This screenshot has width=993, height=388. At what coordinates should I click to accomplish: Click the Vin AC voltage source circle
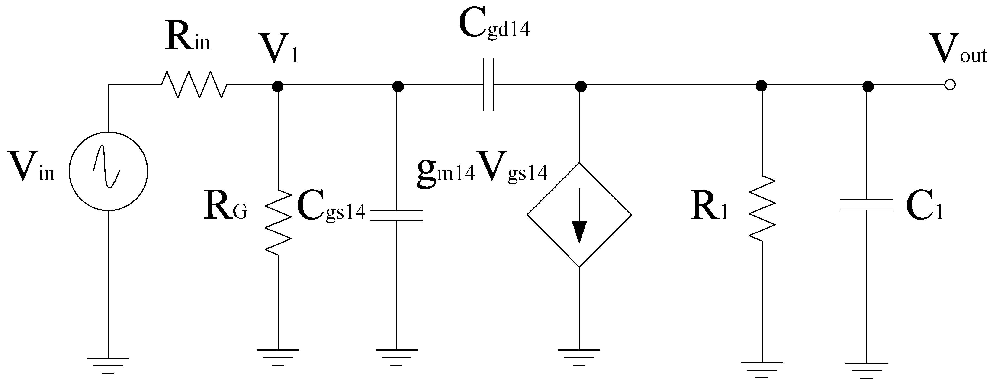click(x=108, y=171)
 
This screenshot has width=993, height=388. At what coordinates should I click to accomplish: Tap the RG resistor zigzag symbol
click(x=278, y=222)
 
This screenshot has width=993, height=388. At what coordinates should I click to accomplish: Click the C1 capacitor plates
click(x=866, y=205)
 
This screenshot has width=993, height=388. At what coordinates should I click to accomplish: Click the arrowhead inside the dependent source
click(x=579, y=231)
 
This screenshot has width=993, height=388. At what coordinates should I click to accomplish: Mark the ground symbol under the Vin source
click(x=108, y=365)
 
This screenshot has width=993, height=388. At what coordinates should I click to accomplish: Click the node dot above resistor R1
click(x=761, y=86)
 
